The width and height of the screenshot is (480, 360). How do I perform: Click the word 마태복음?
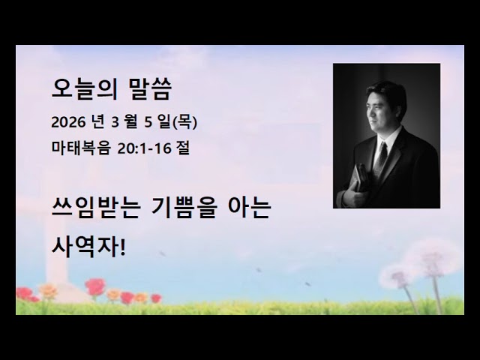tap(80, 148)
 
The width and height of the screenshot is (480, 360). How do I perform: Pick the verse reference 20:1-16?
tap(146, 148)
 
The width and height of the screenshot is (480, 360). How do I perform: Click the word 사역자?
tap(90, 244)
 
